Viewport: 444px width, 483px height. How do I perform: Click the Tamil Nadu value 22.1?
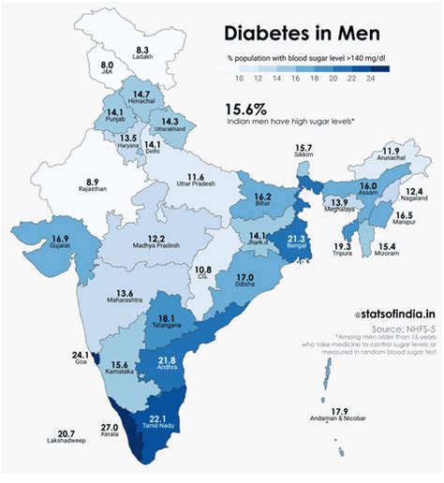tap(158, 418)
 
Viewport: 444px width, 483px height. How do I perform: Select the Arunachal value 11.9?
tap(391, 151)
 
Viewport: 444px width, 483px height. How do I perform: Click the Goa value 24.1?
tap(80, 356)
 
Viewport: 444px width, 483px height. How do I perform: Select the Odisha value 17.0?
tap(244, 278)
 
